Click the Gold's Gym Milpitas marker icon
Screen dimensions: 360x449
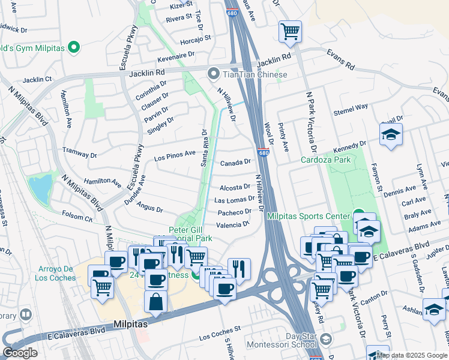[74, 46]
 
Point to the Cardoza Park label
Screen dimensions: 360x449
[325, 160]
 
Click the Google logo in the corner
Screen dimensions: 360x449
[20, 353]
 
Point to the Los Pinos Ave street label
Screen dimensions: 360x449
[175, 157]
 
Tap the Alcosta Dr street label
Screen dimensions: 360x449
[234, 187]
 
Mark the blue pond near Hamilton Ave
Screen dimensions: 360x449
[40, 188]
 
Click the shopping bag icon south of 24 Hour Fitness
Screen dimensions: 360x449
[156, 302]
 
